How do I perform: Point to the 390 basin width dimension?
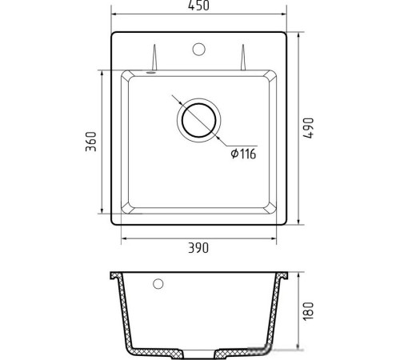click(198, 249)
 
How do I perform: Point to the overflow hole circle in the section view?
click(158, 283)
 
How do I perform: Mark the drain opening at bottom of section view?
click(198, 353)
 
